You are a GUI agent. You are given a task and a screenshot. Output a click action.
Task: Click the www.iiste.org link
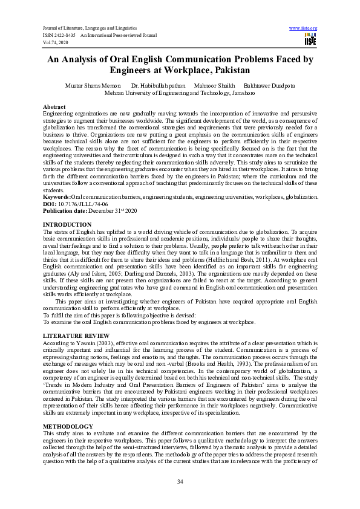tap(304, 28)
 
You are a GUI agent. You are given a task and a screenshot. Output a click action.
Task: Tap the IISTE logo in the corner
tap(310, 39)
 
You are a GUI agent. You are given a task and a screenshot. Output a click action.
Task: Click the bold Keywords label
tap(57, 197)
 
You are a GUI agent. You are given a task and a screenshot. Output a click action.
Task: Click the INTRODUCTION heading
tap(67, 224)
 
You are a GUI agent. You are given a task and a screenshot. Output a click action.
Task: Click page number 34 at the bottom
tap(180, 481)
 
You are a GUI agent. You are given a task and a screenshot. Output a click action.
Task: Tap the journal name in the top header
tap(90, 28)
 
